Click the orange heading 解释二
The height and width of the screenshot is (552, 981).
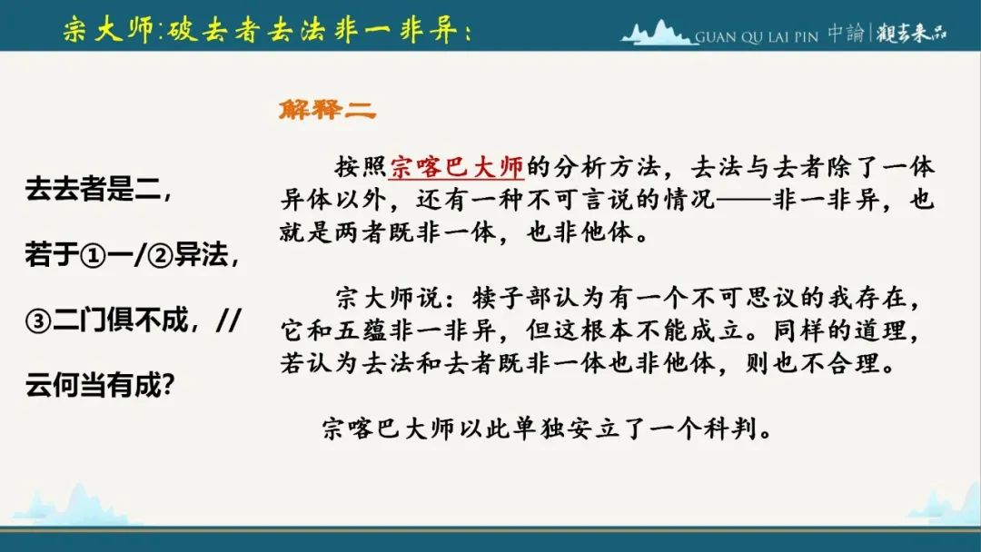point(327,109)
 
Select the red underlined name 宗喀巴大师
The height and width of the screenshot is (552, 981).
point(456,167)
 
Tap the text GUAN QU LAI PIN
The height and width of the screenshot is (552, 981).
point(757,37)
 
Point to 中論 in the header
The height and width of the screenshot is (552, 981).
point(846,33)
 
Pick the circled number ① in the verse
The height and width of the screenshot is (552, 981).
point(93,256)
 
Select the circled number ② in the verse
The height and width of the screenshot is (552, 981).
point(160,256)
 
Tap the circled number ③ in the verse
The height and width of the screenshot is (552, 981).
point(37,321)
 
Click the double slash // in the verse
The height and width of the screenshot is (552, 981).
point(228,320)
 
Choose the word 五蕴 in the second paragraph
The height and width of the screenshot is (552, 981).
point(361,330)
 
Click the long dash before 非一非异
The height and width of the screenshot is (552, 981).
point(744,200)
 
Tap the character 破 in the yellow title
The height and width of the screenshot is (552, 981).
point(182,30)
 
